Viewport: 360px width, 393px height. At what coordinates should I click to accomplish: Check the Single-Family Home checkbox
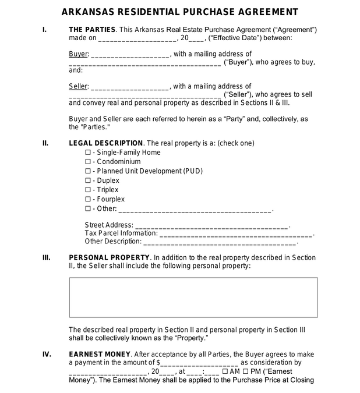coord(88,153)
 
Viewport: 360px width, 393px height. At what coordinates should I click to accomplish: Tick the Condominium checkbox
coord(88,162)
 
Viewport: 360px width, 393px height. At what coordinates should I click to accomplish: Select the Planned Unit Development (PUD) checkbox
coord(88,171)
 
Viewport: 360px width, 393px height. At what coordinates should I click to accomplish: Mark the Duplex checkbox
coord(88,180)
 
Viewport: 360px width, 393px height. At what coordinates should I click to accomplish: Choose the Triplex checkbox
coord(88,190)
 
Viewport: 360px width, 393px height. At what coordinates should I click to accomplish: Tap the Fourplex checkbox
coord(88,199)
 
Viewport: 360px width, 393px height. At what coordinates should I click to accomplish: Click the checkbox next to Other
coord(88,208)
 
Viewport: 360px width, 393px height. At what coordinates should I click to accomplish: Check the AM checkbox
coord(225,371)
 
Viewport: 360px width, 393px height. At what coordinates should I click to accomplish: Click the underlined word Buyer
coord(78,54)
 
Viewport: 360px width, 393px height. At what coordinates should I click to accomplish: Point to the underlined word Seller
coord(78,86)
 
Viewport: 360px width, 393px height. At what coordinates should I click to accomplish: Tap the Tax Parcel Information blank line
coord(236,235)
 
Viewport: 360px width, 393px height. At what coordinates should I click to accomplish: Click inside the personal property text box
coord(193,297)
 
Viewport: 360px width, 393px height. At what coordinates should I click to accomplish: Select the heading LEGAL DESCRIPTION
coord(106,143)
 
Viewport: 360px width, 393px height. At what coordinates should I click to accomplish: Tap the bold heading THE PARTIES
coord(92,30)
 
